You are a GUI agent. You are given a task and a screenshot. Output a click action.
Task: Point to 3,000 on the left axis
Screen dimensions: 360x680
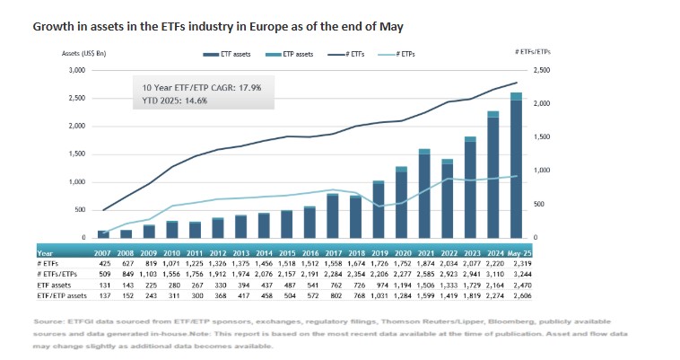[75, 70]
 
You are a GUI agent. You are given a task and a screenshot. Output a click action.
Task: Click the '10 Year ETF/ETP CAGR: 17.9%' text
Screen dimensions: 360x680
[205, 87]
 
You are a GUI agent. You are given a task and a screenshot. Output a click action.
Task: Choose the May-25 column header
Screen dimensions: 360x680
[518, 253]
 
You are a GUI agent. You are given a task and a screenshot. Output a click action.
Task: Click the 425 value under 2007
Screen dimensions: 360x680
[103, 264]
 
